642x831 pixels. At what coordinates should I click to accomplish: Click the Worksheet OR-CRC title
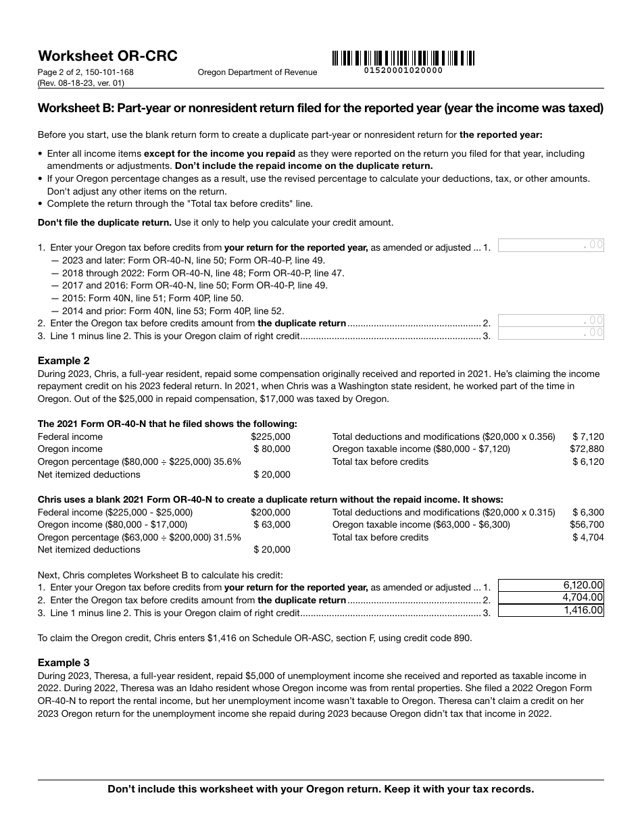pyautogui.click(x=107, y=56)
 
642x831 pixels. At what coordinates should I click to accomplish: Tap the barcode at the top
pyautogui.click(x=403, y=58)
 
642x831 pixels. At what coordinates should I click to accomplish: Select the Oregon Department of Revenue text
pyautogui.click(x=257, y=72)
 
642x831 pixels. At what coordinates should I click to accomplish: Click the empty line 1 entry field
pyautogui.click(x=551, y=245)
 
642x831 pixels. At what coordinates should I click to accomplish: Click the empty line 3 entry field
pyautogui.click(x=551, y=332)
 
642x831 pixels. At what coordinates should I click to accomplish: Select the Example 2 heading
pyautogui.click(x=64, y=361)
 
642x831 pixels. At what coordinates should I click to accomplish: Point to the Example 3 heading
pyautogui.click(x=64, y=663)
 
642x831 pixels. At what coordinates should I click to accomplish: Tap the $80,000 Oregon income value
pyautogui.click(x=272, y=449)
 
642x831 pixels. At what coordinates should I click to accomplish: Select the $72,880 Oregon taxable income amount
pyautogui.click(x=587, y=449)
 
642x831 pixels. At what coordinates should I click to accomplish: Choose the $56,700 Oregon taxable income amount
pyautogui.click(x=587, y=525)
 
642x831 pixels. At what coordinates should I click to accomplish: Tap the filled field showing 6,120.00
pyautogui.click(x=551, y=585)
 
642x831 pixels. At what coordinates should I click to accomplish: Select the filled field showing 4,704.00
pyautogui.click(x=551, y=598)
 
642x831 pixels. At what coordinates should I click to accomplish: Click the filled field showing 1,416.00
pyautogui.click(x=551, y=611)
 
